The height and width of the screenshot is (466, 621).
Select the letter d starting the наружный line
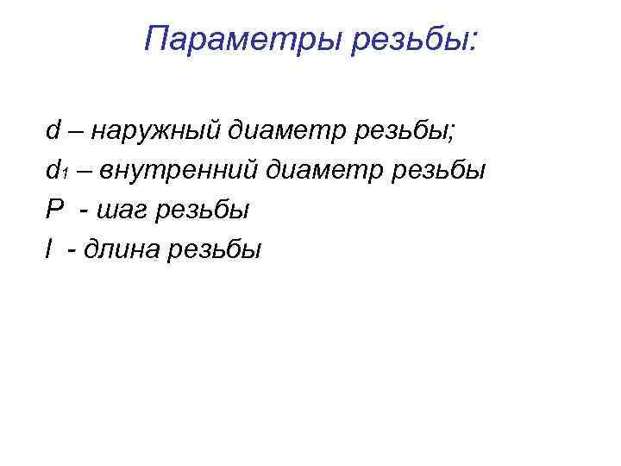[x=53, y=131]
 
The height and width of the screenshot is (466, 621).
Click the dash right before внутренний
[x=85, y=172]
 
